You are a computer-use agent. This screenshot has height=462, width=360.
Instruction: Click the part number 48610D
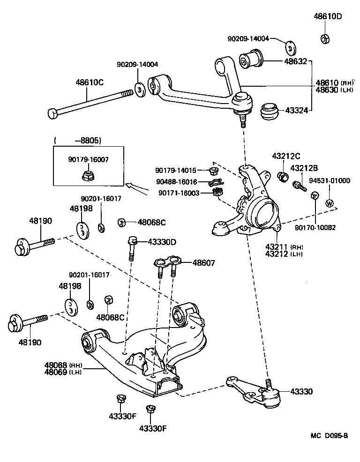tap(328, 16)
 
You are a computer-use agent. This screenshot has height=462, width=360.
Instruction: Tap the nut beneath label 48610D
tap(324, 38)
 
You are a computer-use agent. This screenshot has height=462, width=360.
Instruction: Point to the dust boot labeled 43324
tap(269, 112)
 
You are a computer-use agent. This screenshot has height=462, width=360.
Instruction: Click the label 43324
tap(295, 112)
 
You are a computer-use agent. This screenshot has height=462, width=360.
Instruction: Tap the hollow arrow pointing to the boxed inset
tap(139, 189)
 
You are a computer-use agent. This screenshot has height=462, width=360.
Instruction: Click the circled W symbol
tap(330, 203)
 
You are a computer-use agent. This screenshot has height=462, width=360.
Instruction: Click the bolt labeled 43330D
tap(132, 247)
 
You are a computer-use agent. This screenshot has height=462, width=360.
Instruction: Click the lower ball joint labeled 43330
tap(257, 388)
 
